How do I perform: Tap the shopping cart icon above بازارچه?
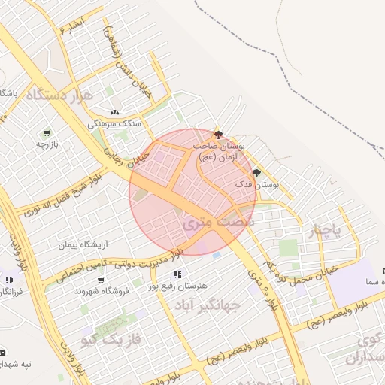point(47,131)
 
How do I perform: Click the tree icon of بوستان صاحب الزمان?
point(218,132)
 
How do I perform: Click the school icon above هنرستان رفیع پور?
point(177,275)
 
